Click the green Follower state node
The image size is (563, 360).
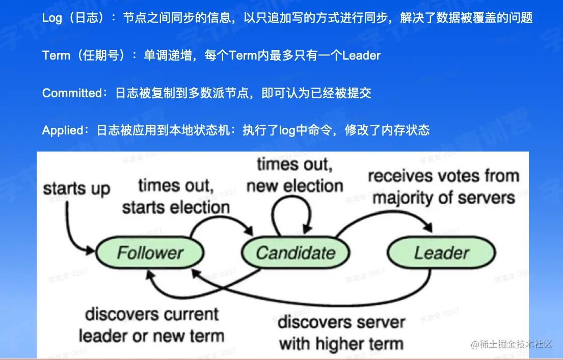(150, 253)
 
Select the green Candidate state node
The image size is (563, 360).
(296, 253)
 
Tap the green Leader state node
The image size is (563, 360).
(441, 253)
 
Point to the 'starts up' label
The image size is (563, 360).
(76, 188)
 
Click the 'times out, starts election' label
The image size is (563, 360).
(176, 196)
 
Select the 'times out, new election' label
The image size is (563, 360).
(294, 175)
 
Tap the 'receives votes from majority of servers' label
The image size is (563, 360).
(443, 186)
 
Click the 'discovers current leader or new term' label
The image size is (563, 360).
(151, 325)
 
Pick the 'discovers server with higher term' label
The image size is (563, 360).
(341, 333)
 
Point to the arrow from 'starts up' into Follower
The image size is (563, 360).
(71, 229)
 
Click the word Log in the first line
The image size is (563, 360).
(52, 18)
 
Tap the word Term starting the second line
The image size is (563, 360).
(57, 56)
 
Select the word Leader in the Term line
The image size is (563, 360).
(361, 56)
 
